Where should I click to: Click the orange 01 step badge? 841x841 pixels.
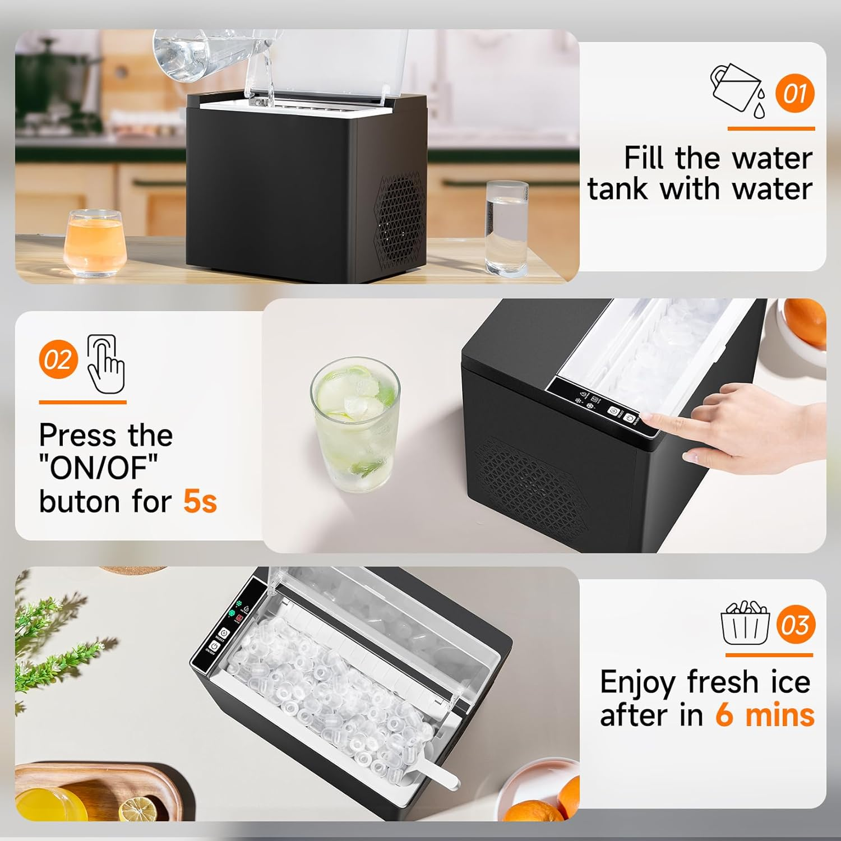pos(794,93)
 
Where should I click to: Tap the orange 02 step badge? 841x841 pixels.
pos(58,359)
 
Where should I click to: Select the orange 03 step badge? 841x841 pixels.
pos(796,625)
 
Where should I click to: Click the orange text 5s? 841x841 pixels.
pos(200,501)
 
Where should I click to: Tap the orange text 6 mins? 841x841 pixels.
pos(765,715)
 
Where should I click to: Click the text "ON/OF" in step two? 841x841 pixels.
pos(99,468)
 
